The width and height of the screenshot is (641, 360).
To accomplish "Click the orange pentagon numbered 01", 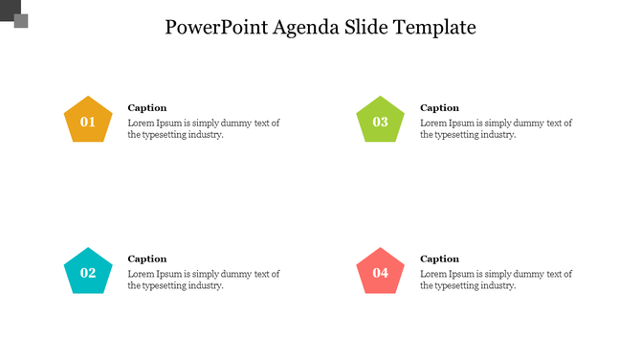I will coord(88,121).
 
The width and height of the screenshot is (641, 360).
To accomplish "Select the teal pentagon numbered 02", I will coord(88,272).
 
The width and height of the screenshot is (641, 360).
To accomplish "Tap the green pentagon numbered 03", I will coord(381,121).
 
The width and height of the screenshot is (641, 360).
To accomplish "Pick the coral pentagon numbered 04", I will coord(381,272).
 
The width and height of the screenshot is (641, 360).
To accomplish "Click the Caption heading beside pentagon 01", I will coord(147,108).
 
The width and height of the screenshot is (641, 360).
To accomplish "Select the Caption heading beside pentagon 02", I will coord(147,259).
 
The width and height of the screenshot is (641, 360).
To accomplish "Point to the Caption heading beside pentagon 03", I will coord(440,108).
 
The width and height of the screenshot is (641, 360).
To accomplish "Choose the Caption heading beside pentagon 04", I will coord(440,259).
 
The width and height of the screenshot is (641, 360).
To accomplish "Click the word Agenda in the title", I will coord(304,28).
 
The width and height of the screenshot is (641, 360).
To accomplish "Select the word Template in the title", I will coord(432,28).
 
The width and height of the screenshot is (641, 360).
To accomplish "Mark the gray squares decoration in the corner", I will coord(15,16).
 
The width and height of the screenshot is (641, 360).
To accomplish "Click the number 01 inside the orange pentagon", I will coord(88,123).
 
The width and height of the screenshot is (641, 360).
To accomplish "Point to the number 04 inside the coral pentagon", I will coord(381,274).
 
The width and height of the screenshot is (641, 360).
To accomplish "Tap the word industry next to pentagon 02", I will coord(203,285).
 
